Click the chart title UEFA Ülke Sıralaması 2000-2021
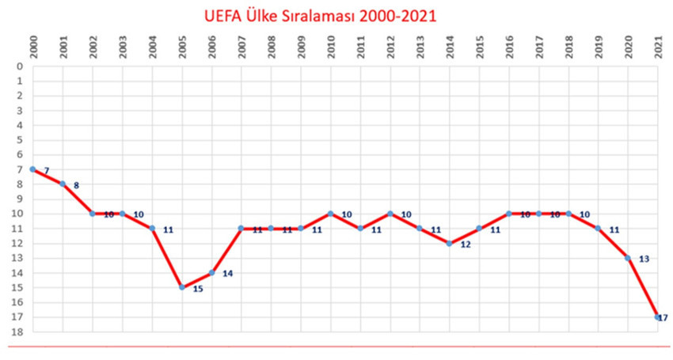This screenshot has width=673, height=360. [336, 15]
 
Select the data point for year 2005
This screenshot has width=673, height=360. [182, 287]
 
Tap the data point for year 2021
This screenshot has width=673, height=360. [657, 316]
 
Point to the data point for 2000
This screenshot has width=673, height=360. [32, 169]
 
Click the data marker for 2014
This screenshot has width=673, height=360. [449, 243]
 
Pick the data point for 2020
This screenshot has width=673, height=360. [628, 258]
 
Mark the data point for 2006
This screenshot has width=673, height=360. [211, 272]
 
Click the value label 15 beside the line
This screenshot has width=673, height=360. [198, 289]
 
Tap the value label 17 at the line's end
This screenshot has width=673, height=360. [663, 317]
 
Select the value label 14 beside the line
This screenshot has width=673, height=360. [227, 274]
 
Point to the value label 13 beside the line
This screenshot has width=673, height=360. [644, 260]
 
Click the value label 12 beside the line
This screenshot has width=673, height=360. [466, 244]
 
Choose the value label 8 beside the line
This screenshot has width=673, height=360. [77, 186]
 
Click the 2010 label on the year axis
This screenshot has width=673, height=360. [331, 45]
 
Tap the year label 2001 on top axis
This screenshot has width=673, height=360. [63, 45]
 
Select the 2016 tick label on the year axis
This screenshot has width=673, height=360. [509, 45]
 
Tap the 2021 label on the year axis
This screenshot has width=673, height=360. [658, 45]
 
